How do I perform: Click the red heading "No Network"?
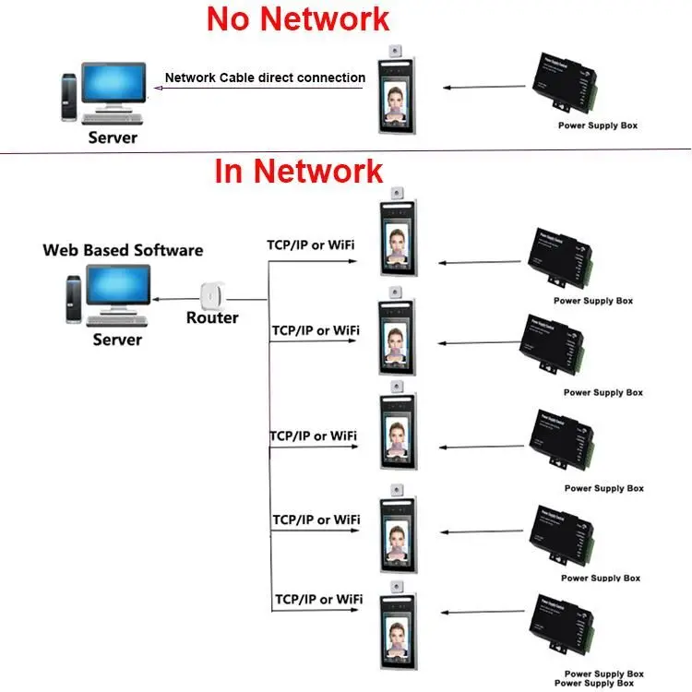point(298,19)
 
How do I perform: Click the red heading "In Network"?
point(299,171)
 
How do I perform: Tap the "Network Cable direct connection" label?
point(265,78)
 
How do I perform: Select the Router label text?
point(212,317)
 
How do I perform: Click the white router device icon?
point(213,295)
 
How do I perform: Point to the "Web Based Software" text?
point(123,250)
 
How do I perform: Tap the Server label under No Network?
point(113,137)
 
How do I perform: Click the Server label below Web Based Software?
point(117,340)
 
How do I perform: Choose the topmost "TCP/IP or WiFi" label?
point(311,245)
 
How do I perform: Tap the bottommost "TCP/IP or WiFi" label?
point(318,600)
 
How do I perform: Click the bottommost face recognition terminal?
point(398,626)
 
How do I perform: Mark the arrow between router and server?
point(176,299)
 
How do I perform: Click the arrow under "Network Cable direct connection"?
point(258,88)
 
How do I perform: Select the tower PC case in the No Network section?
point(68,98)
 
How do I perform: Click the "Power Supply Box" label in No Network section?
point(598,125)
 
